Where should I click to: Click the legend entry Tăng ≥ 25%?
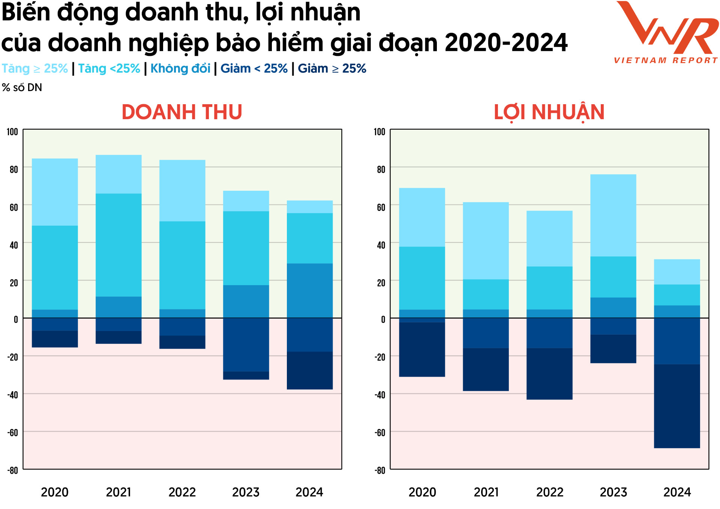click(34, 69)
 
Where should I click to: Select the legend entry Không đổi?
click(180, 69)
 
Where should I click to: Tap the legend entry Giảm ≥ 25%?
click(332, 69)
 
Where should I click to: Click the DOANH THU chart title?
click(182, 112)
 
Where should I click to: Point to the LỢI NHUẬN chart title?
click(549, 112)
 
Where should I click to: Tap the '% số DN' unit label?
click(22, 88)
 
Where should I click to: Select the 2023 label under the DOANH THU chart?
click(246, 492)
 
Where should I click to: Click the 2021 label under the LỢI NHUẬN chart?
click(486, 492)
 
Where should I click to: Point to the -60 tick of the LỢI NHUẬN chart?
click(380, 433)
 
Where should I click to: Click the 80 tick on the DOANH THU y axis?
click(13, 169)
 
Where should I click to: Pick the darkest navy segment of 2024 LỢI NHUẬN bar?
click(677, 406)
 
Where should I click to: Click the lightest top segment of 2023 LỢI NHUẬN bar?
click(613, 215)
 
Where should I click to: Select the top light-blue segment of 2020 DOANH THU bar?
click(55, 192)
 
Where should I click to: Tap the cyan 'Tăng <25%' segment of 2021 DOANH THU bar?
click(118, 245)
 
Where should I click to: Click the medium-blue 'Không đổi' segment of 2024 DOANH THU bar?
click(310, 290)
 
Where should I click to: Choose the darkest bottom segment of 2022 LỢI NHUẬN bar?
click(549, 374)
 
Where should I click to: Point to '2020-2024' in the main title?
click(506, 42)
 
